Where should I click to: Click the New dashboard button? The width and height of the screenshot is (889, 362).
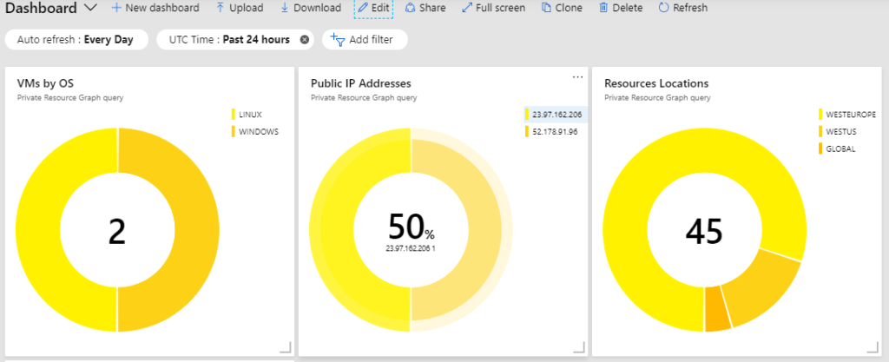point(155,8)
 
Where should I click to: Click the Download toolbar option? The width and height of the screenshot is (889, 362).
point(310,8)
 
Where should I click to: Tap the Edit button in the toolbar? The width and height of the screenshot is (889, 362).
point(373,8)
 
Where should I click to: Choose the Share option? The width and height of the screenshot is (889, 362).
point(425,8)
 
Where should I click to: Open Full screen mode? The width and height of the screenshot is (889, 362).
point(493,8)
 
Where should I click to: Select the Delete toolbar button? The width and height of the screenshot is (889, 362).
point(621,8)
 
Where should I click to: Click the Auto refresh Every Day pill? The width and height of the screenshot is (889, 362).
point(75,39)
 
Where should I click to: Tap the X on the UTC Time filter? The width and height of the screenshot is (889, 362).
point(304,40)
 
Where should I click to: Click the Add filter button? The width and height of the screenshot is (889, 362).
point(364,40)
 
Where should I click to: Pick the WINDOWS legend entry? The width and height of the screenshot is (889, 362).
point(258,132)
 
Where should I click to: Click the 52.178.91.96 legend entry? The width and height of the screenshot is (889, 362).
point(555,132)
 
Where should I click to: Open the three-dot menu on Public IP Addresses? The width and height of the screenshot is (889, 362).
point(577,77)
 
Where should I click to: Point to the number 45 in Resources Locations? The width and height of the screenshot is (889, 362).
point(704,230)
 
